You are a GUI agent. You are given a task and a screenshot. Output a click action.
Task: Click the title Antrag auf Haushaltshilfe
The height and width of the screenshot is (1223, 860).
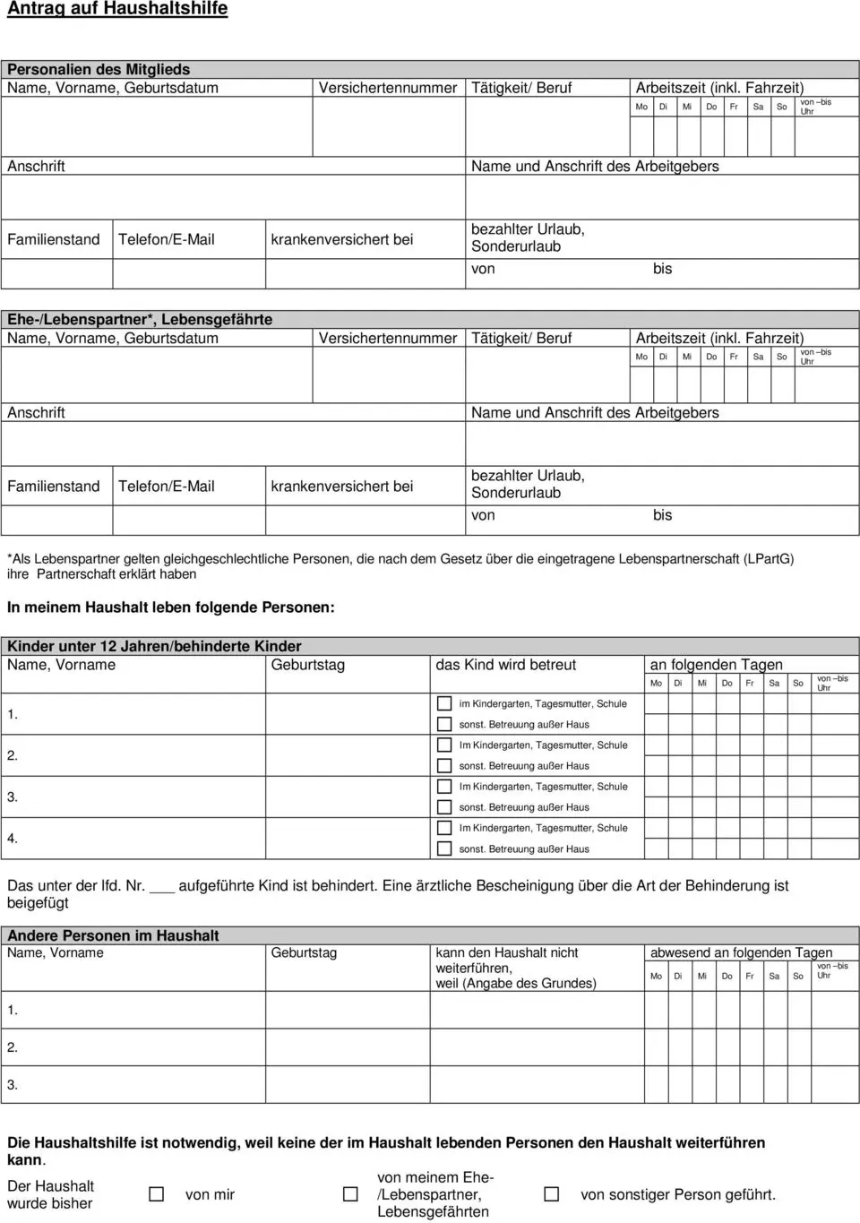point(117,9)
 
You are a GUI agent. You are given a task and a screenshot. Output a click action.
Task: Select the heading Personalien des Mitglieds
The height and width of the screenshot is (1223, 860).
point(99,69)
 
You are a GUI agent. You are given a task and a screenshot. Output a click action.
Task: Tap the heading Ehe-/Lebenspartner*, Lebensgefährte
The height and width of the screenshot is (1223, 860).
point(140,319)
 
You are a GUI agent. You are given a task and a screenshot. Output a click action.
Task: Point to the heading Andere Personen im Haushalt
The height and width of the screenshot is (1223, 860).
point(113,935)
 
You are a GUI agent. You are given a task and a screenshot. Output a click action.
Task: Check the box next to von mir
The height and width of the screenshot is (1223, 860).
point(157,1194)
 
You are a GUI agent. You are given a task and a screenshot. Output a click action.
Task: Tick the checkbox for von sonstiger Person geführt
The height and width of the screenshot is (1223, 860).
point(552,1194)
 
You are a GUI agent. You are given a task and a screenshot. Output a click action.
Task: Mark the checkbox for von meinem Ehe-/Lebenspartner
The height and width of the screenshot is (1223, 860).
point(351,1194)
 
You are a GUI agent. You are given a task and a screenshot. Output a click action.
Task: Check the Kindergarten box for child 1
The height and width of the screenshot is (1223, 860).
point(444,703)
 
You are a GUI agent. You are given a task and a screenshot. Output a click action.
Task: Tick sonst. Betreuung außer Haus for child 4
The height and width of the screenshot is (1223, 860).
point(444,848)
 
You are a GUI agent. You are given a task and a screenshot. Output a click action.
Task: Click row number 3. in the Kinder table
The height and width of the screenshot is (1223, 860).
point(13,797)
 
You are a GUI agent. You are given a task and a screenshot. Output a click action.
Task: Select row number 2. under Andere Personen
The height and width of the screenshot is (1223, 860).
point(13,1046)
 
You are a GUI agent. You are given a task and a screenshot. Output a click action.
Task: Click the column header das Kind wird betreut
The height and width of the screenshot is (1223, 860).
point(505,665)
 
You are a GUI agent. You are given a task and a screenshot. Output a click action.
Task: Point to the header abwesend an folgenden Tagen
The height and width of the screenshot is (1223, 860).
point(741,952)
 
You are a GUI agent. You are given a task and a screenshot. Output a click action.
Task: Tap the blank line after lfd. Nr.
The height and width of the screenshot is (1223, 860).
point(162,888)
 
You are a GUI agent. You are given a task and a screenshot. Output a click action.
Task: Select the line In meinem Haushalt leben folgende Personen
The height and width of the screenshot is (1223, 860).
point(171,607)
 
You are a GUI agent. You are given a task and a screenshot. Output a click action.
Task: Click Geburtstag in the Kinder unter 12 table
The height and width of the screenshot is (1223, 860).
point(307,665)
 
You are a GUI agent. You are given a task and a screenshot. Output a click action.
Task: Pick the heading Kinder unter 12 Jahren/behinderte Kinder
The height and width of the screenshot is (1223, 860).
point(154,646)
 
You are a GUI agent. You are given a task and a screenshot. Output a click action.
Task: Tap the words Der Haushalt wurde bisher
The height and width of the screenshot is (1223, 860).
point(50,1194)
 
